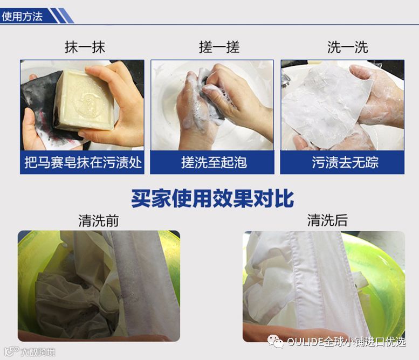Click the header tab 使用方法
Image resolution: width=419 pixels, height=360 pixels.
(22, 17)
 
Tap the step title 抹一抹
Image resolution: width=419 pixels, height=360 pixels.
(85, 47)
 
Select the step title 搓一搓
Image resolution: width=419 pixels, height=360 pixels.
(219, 47)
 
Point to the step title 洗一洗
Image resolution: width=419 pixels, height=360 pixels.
(348, 47)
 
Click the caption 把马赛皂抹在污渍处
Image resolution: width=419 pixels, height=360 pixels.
(83, 162)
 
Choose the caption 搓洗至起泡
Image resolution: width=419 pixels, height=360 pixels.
(214, 162)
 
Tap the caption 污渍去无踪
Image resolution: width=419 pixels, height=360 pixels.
(345, 162)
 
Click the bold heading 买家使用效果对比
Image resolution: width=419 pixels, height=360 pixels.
(212, 199)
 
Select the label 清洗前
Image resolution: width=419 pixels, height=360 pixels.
(98, 220)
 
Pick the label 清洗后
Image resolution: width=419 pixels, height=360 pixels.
(327, 220)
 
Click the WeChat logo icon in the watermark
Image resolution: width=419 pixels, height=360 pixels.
(276, 342)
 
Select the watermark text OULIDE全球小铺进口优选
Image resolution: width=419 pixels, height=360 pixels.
(346, 342)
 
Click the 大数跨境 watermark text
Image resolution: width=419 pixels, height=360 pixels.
(37, 352)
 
